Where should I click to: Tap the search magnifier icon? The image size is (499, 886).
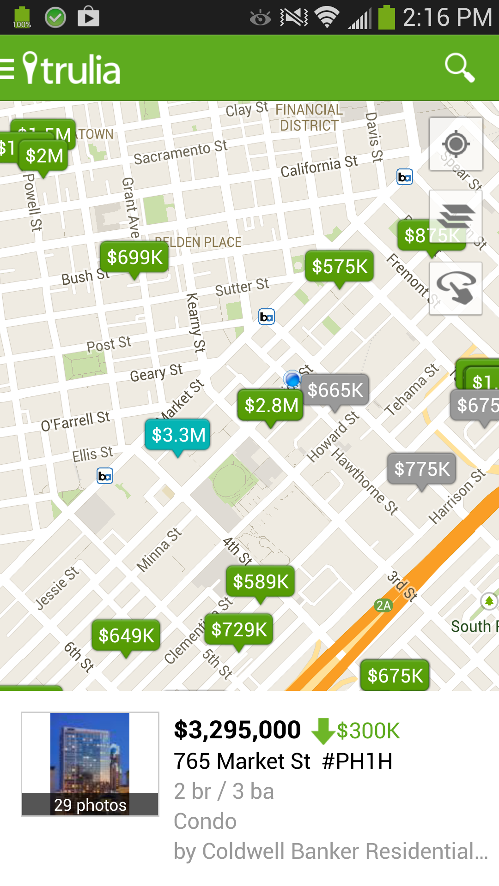click(x=459, y=68)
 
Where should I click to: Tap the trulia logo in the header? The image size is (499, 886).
click(x=72, y=69)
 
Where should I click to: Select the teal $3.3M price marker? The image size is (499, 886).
click(x=178, y=435)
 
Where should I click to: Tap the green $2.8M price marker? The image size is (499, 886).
click(x=271, y=405)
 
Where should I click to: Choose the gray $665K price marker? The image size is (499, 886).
click(x=335, y=390)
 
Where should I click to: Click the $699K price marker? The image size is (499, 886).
click(x=134, y=257)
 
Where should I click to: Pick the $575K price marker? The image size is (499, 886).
click(x=340, y=266)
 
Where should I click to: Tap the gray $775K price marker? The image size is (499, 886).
click(x=421, y=469)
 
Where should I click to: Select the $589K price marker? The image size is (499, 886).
click(x=261, y=581)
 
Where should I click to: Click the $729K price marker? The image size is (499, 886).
click(x=239, y=629)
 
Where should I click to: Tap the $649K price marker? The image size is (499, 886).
click(x=126, y=635)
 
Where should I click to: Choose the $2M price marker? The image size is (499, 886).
click(x=44, y=156)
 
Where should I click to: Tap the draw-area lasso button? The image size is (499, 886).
click(x=456, y=288)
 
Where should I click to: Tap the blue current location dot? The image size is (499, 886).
click(x=292, y=379)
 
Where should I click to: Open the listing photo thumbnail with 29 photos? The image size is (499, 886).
click(x=90, y=764)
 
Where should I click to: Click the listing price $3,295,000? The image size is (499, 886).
click(x=237, y=730)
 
